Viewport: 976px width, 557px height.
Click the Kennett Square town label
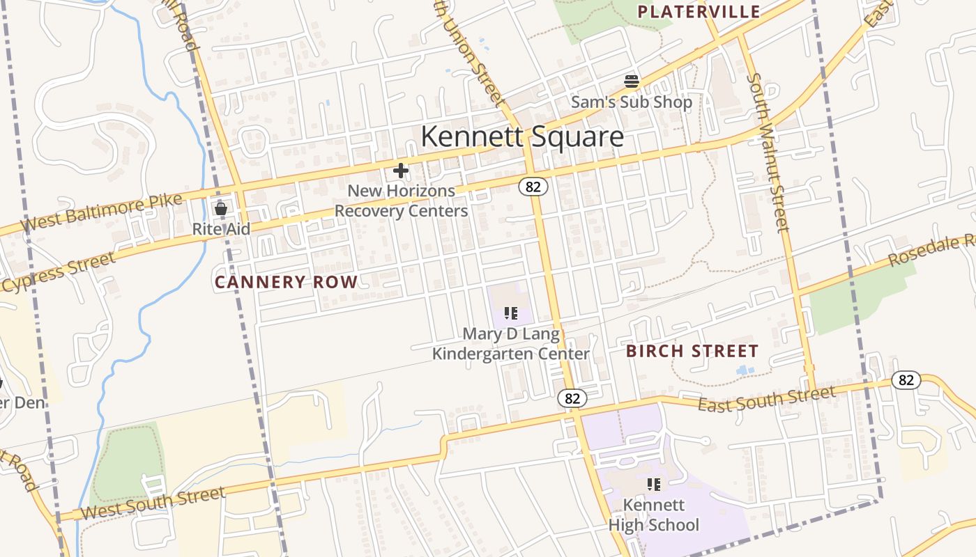pyautogui.click(x=522, y=136)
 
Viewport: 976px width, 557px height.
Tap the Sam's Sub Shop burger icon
pyautogui.click(x=632, y=81)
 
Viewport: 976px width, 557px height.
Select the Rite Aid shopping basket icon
pyautogui.click(x=221, y=208)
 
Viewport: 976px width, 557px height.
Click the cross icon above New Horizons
pyautogui.click(x=401, y=171)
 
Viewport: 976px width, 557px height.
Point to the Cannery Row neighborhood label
pyautogui.click(x=286, y=282)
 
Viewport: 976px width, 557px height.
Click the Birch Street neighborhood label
pyautogui.click(x=692, y=351)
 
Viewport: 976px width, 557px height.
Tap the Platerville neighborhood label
pyautogui.click(x=699, y=12)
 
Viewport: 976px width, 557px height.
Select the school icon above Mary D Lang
pyautogui.click(x=511, y=313)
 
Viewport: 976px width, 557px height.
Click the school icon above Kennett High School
pyautogui.click(x=653, y=484)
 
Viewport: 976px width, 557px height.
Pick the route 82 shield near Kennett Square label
pyautogui.click(x=533, y=187)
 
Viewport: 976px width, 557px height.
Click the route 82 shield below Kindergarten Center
pyautogui.click(x=572, y=398)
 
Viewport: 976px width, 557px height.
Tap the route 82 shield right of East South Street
pyautogui.click(x=906, y=380)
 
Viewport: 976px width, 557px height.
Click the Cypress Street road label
pyautogui.click(x=59, y=273)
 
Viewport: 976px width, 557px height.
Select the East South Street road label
pyautogui.click(x=767, y=400)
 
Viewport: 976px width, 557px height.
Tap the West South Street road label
pyautogui.click(x=153, y=503)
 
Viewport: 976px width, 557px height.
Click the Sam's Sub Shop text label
pyautogui.click(x=632, y=102)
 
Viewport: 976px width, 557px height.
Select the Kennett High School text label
pyautogui.click(x=653, y=515)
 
